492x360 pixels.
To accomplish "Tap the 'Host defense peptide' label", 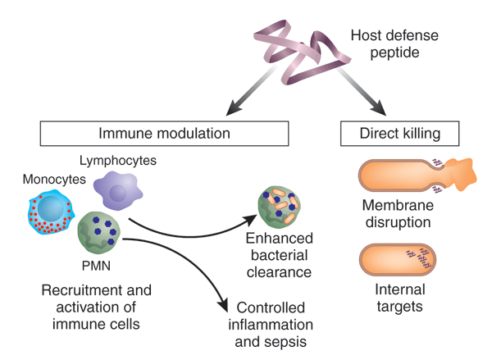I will pyautogui.click(x=393, y=45).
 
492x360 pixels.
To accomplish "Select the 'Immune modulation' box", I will pyautogui.click(x=164, y=134).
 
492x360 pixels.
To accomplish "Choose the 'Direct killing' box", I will pyautogui.click(x=399, y=134).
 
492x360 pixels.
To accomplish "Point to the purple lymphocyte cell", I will pyautogui.click(x=120, y=189).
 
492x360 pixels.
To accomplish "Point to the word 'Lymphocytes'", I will pyautogui.click(x=117, y=158).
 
